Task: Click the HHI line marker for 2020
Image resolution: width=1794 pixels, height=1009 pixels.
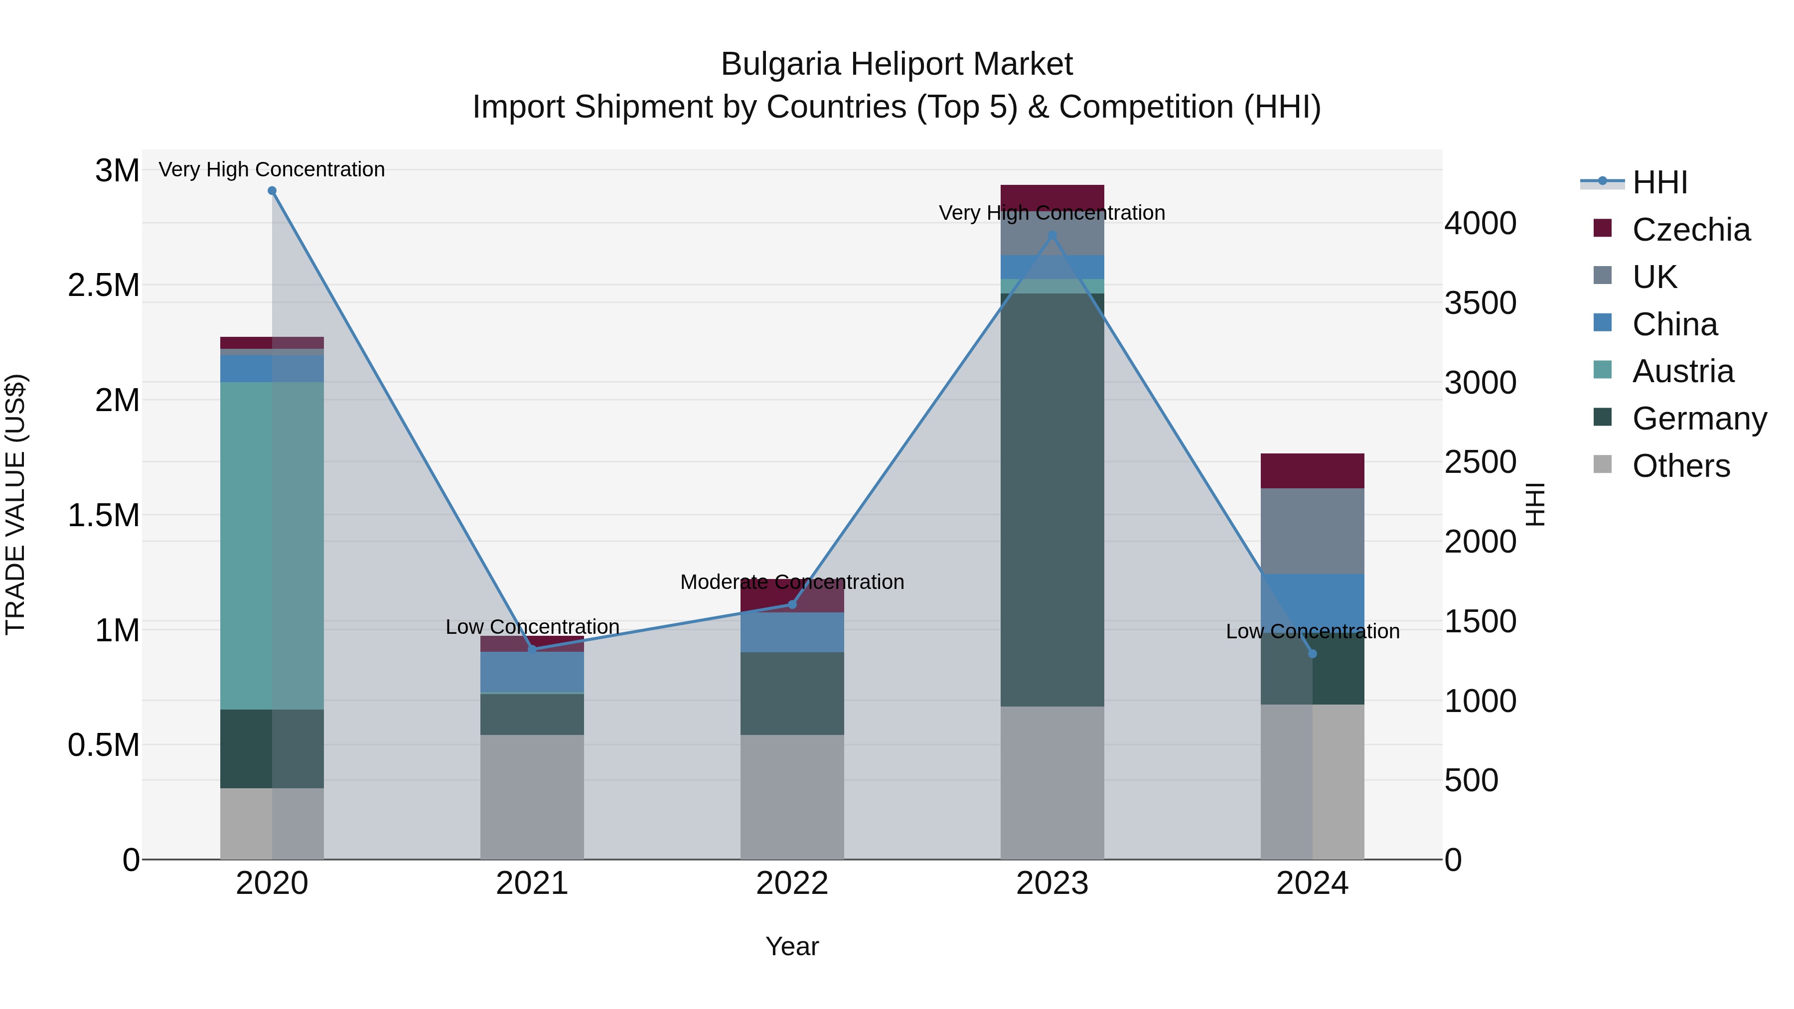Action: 272,191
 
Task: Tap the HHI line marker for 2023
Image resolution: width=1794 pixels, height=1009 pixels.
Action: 1052,236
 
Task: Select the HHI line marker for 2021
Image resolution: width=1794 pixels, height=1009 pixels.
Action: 532,649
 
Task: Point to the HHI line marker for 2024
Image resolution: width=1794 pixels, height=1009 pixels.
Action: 1312,654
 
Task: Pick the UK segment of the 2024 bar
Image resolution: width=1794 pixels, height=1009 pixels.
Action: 1312,531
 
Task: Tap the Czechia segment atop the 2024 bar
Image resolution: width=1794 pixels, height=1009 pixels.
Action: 1312,471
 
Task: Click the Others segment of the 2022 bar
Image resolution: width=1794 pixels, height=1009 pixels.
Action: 792,797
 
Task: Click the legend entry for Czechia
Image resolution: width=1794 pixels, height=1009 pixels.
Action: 1690,230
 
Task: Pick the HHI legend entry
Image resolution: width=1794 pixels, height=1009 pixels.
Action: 1659,182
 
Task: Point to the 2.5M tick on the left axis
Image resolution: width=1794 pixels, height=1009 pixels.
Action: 104,286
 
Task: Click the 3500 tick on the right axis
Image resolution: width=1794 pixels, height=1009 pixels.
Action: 1481,303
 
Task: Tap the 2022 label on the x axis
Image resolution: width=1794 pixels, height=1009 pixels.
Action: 792,883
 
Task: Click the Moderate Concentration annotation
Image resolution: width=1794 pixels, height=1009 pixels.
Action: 792,581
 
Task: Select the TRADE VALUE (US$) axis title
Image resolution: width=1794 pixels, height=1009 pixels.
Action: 16,504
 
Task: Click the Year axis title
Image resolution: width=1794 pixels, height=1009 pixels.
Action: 792,946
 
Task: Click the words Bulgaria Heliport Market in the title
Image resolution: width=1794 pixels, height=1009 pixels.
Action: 897,64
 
